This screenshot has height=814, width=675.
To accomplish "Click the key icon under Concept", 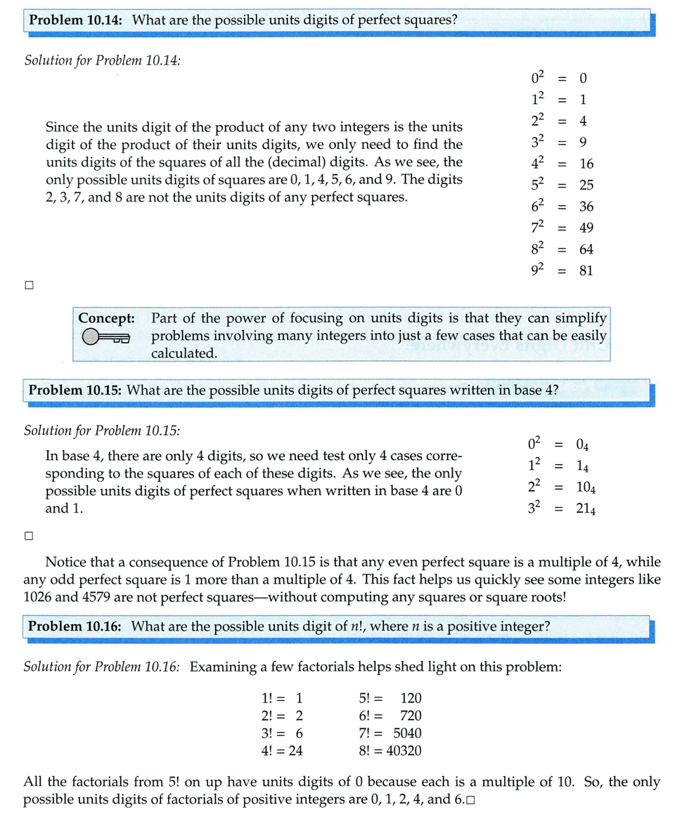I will point(106,339).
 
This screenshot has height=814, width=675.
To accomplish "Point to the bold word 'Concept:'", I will point(106,318).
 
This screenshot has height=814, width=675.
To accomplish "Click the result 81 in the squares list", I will point(586,270).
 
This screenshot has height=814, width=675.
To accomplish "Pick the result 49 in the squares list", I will point(586,228).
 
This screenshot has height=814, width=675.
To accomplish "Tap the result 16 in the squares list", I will point(586,164).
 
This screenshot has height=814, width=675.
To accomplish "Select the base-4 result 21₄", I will point(586,510).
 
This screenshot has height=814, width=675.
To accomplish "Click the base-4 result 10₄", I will point(586,488).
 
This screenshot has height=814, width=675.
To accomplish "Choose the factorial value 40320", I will point(402,751).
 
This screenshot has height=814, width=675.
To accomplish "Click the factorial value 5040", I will point(407,733).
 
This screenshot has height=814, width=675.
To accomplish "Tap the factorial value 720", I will point(411,716).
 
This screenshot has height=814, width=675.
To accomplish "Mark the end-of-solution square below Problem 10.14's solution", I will point(29,286).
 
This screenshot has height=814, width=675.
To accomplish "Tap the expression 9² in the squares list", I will point(535,269).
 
